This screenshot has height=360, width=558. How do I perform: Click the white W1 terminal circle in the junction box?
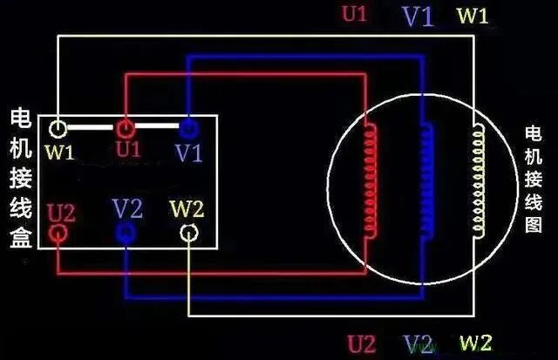pos(58,129)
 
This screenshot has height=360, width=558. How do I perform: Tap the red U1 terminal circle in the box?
pos(125,129)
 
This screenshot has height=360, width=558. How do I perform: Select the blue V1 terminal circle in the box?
pos(187,129)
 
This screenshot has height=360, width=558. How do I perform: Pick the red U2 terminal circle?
pos(58,233)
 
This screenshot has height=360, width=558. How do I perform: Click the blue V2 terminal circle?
pos(126,233)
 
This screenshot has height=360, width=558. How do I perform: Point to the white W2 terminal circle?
pos(188,233)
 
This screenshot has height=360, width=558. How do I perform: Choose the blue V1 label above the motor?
pos(417,17)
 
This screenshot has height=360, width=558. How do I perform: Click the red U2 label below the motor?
pos(363,342)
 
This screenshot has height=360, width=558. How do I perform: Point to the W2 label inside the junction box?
pos(187,209)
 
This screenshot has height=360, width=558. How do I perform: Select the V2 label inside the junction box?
pos(127,209)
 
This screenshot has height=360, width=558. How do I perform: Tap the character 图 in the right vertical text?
pos(534,224)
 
